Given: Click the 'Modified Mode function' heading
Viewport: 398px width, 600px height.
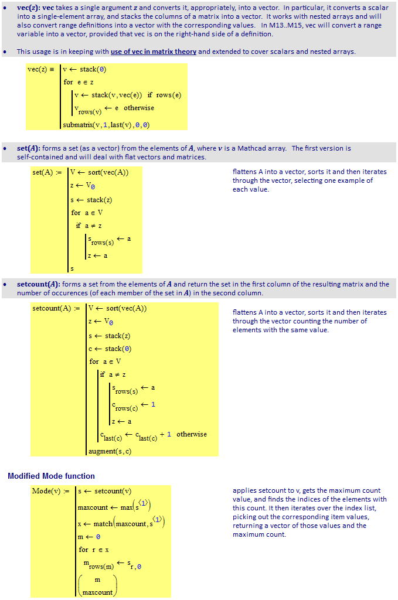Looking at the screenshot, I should point(51,476).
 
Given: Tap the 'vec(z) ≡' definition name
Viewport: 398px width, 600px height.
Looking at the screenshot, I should point(41,69).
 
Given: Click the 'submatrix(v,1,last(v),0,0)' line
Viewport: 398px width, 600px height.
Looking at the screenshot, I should point(106,124).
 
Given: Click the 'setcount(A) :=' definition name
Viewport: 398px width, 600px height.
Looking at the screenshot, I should point(56,308).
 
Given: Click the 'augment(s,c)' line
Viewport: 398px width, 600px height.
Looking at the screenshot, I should point(110,451).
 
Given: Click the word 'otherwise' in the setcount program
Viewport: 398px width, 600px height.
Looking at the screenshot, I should point(192,434).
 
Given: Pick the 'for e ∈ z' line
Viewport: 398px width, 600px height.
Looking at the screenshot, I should point(79,82).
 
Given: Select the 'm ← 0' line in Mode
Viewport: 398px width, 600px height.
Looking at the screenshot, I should point(89,537).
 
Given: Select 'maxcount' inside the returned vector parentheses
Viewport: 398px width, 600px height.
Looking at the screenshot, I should point(97,592).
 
